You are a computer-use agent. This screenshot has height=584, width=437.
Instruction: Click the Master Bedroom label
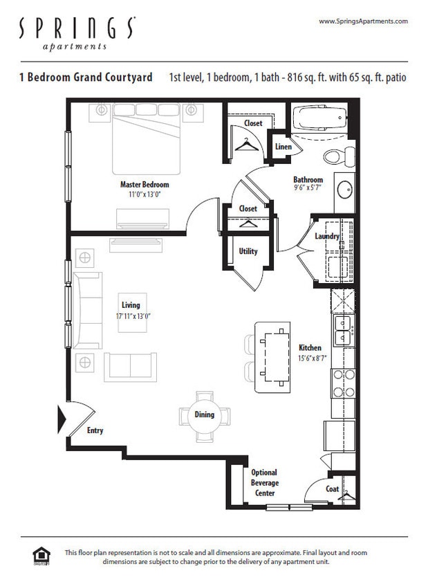pyautogui.click(x=145, y=185)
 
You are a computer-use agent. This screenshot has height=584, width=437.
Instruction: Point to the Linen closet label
pyautogui.click(x=283, y=147)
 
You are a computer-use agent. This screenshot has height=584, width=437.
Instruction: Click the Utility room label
pyautogui.click(x=248, y=251)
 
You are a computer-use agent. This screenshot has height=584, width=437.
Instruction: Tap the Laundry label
pyautogui.click(x=327, y=237)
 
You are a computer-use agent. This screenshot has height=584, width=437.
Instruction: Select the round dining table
pyautogui.click(x=205, y=415)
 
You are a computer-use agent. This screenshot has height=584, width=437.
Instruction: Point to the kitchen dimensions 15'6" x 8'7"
pyautogui.click(x=310, y=358)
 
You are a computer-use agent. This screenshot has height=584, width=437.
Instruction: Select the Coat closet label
pyautogui.click(x=333, y=489)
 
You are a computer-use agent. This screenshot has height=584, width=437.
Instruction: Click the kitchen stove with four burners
pyautogui.click(x=343, y=383)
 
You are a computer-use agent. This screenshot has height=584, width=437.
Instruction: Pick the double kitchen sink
pyautogui.click(x=343, y=331)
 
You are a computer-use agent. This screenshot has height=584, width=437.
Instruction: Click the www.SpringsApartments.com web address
pyautogui.click(x=363, y=21)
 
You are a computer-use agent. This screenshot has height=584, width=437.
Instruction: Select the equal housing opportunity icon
pyautogui.click(x=41, y=556)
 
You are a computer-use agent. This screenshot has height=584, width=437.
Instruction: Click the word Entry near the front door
pyautogui.click(x=95, y=430)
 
